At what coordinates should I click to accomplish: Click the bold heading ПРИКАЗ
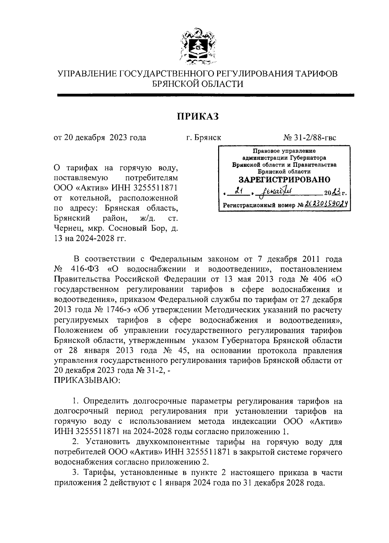pos(198,116)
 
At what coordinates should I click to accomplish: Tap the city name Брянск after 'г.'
pos(208,138)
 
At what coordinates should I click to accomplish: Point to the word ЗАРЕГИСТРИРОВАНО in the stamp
pos(285,180)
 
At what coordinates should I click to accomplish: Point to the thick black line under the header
pos(206,95)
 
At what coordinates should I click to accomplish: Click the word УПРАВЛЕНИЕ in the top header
pos(87,74)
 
